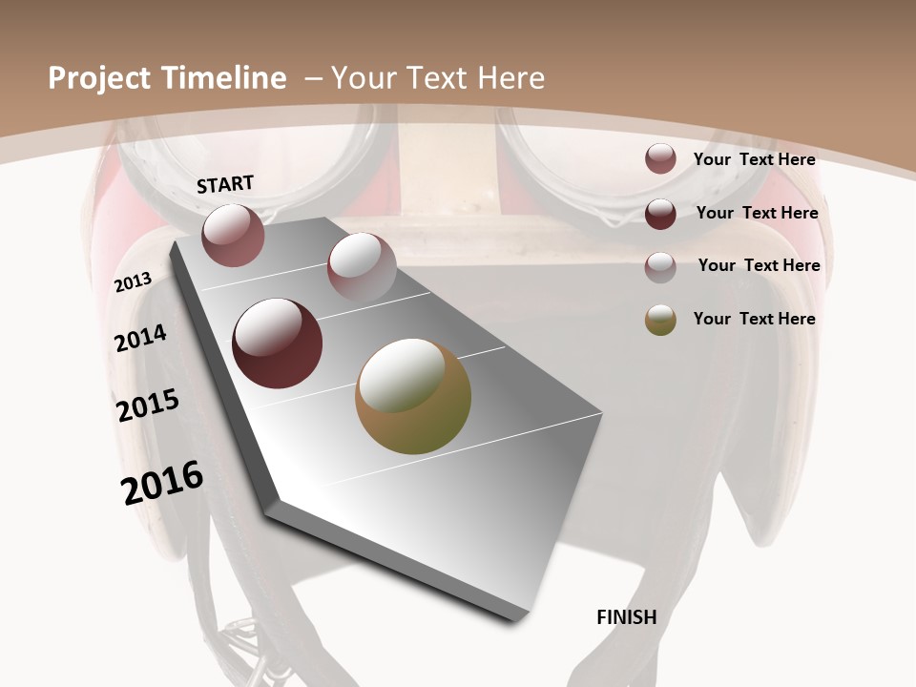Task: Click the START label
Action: (x=225, y=184)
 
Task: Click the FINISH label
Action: (x=626, y=617)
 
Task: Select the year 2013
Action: (x=134, y=282)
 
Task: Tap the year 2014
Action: (x=140, y=338)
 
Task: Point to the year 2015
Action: (x=147, y=406)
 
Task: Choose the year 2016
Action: (x=162, y=483)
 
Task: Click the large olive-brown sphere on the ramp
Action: (x=413, y=396)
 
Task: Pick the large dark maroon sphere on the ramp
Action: (x=277, y=343)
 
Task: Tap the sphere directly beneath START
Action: (x=233, y=235)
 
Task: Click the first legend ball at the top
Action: (x=660, y=159)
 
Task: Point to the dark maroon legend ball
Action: (x=660, y=214)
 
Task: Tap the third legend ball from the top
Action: (x=660, y=267)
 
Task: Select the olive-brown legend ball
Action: (x=660, y=320)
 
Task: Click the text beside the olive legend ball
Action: (x=754, y=319)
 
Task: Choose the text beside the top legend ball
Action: (x=754, y=159)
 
